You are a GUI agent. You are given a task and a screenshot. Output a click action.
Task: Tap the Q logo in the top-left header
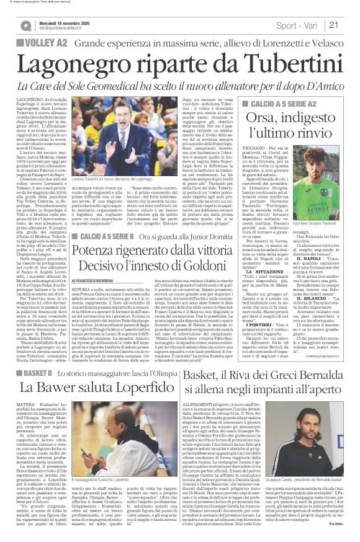tap(25, 25)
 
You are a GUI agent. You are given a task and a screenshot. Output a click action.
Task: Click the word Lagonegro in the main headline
tap(80, 64)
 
